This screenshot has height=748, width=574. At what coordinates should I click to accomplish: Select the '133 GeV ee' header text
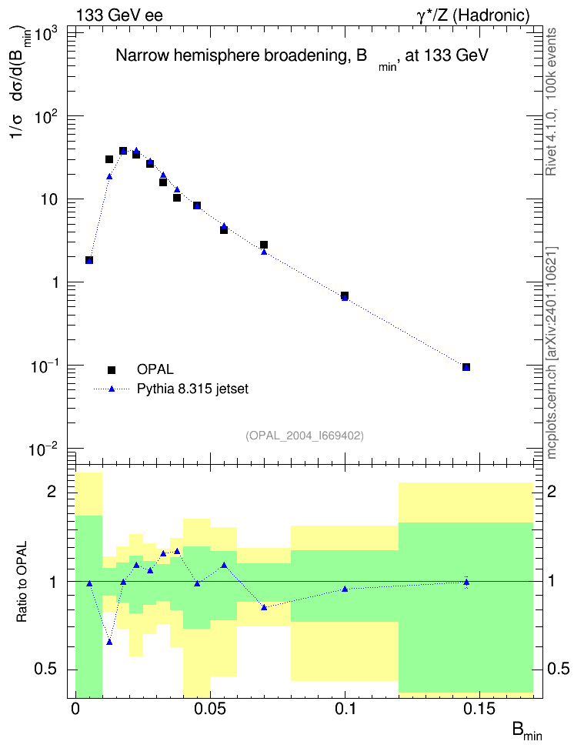[x=119, y=15]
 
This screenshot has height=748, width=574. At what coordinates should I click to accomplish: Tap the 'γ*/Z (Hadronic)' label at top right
[x=473, y=15]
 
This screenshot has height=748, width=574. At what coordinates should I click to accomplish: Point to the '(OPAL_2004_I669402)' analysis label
[x=305, y=436]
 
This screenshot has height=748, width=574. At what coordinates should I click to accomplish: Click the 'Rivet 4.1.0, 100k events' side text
[x=551, y=102]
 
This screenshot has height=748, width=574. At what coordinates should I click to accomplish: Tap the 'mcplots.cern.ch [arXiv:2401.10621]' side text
[x=552, y=352]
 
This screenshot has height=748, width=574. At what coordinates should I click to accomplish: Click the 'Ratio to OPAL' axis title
[x=22, y=582]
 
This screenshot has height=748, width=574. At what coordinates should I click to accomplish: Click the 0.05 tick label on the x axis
[x=210, y=709]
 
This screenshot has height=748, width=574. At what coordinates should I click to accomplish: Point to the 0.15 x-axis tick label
[x=480, y=709]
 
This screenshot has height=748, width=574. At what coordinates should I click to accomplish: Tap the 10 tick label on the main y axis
[x=49, y=199]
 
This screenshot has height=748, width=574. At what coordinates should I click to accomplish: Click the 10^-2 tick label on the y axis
[x=42, y=448]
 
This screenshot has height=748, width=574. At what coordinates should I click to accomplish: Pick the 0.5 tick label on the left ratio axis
[x=45, y=670]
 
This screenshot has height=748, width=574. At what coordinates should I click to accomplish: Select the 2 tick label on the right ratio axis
[x=551, y=491]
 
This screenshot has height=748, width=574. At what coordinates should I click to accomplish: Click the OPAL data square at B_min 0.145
[x=466, y=367]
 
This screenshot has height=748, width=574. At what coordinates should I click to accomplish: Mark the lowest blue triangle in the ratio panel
[x=109, y=642]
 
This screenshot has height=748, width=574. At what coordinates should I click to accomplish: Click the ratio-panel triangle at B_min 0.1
[x=345, y=589]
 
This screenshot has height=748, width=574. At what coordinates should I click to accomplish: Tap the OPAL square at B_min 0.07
[x=264, y=245]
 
